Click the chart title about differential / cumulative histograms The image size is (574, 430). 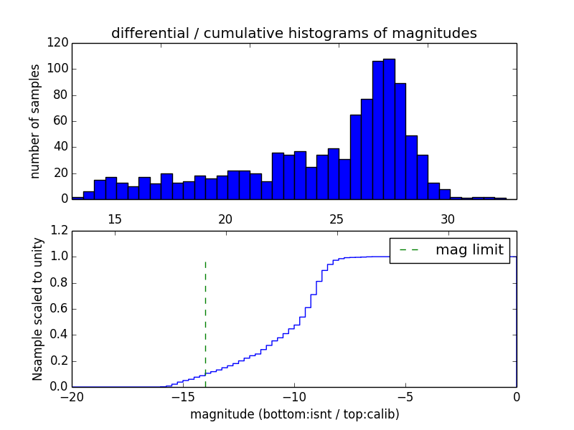[294, 33]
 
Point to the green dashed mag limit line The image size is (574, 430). [205, 315]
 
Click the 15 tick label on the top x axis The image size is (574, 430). [114, 219]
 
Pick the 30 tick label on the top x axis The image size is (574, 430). [448, 219]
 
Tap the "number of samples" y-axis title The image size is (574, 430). [35, 121]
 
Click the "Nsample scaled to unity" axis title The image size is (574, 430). [37, 309]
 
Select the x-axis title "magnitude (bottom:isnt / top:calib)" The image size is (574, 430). [294, 414]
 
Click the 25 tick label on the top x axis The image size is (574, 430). [337, 219]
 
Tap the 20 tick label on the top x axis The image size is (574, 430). [225, 219]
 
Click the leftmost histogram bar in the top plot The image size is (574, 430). [77, 198]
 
